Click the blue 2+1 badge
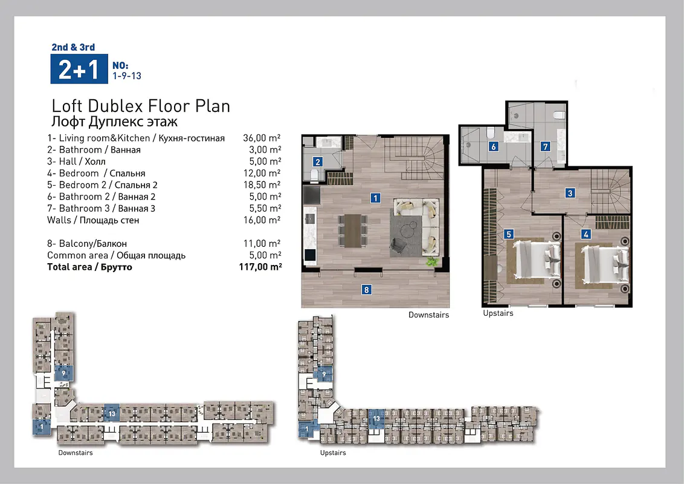79,69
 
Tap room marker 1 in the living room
375,198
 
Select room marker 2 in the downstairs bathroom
318,162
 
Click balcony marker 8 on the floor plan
366,290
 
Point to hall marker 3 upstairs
570,192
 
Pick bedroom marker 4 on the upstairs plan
586,234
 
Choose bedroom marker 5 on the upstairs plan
509,234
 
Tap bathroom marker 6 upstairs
494,146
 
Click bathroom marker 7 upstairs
545,146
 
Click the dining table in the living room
353,230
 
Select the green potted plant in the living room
432,261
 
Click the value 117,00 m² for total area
260,266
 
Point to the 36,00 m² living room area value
262,138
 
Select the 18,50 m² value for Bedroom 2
262,185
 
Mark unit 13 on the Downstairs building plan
112,413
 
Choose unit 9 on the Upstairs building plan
324,374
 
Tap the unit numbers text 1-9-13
127,76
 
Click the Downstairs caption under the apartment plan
428,315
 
